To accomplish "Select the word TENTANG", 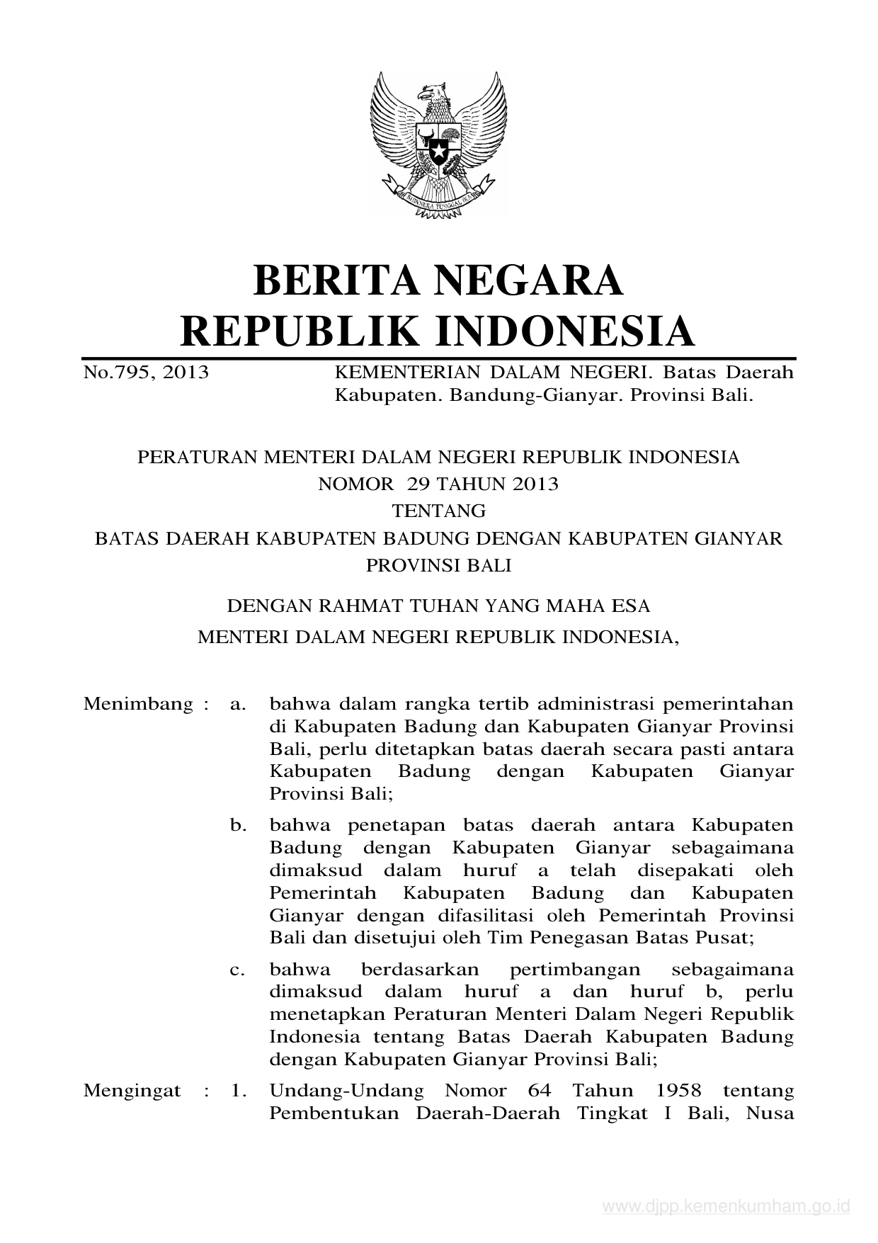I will point(439,511).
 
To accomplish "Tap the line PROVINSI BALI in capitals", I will point(439,566).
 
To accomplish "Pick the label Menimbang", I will point(138,704).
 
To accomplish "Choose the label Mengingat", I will point(132,1090).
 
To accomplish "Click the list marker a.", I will point(238,704).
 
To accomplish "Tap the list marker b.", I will point(238,825).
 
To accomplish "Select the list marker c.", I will point(238,970).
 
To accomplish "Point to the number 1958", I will point(679,1090).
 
